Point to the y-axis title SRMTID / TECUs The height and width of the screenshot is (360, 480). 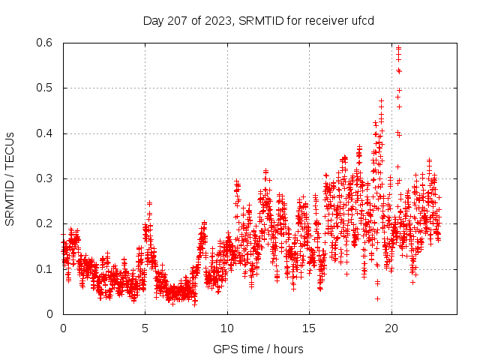point(10,178)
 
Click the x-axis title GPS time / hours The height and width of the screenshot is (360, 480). point(258,349)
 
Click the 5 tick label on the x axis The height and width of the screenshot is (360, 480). point(145,328)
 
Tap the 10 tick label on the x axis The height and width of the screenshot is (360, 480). point(226,328)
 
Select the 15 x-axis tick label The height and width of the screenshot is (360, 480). point(308,328)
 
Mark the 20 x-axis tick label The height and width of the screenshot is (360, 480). point(390,328)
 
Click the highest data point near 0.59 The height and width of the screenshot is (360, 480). point(398,48)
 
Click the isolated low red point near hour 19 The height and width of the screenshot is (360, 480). point(377,298)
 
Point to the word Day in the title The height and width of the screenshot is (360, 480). point(153,20)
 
